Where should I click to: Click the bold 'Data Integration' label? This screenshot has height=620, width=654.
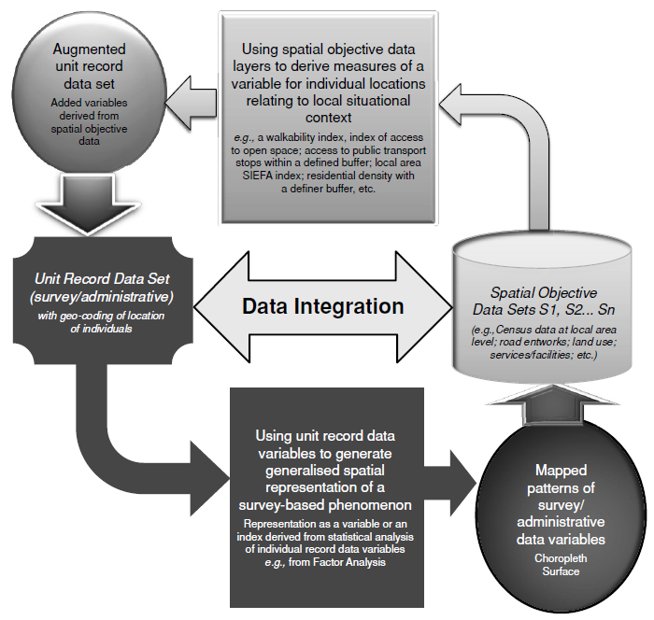pos(323,306)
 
